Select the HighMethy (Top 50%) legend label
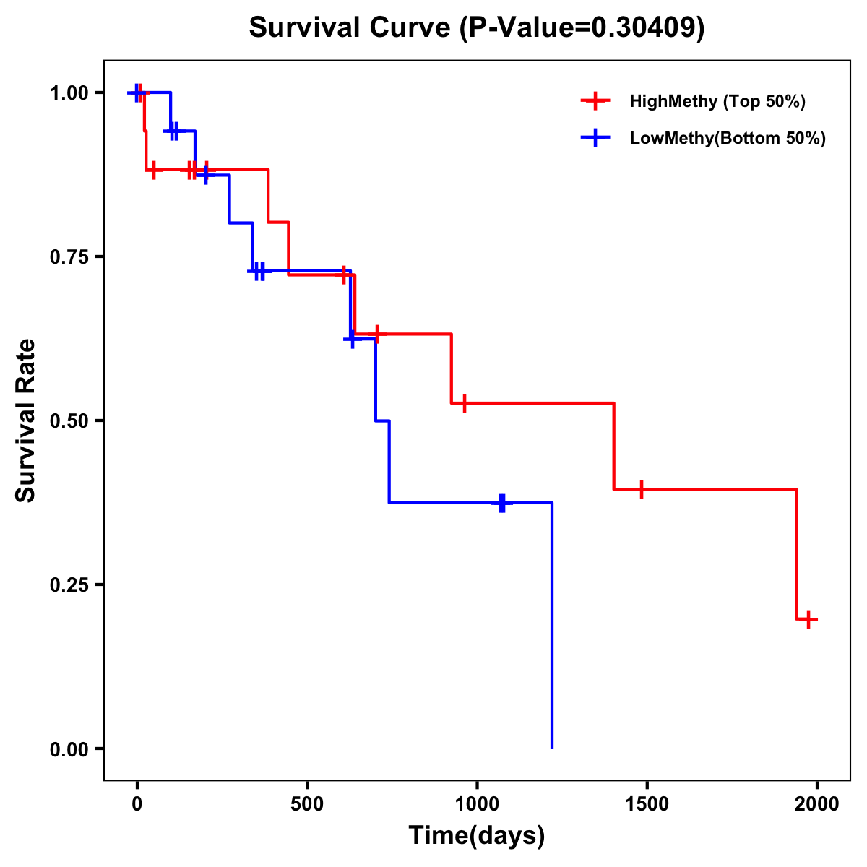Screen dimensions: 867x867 tap(717, 101)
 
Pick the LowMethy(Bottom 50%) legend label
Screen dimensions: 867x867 tap(727, 138)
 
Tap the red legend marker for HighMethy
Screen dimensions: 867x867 tap(595, 101)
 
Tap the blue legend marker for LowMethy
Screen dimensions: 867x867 tap(595, 138)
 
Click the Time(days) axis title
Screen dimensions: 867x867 tap(477, 836)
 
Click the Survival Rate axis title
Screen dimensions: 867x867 tap(26, 420)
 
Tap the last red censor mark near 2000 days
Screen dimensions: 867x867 tap(808, 619)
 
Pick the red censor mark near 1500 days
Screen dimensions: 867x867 tap(640, 489)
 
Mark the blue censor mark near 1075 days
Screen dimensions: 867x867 tap(502, 503)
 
